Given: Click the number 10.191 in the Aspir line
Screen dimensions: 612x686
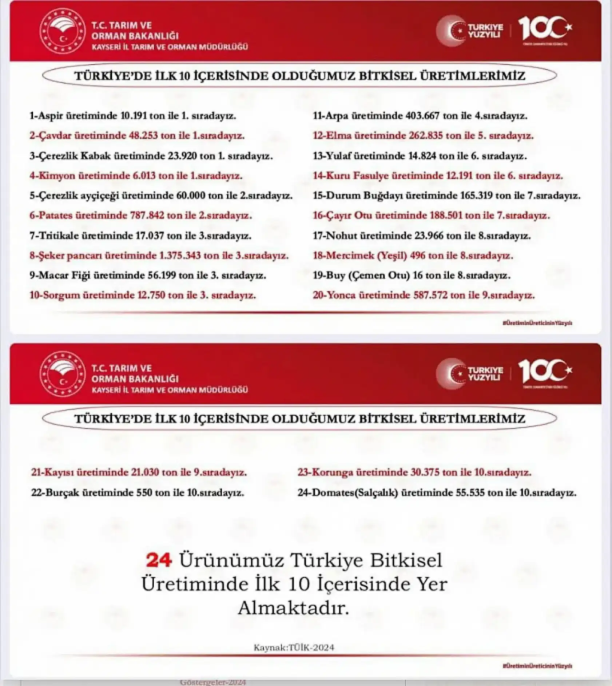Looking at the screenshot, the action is (134, 116).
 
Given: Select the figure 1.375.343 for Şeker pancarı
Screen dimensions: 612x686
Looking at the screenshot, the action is (180, 255).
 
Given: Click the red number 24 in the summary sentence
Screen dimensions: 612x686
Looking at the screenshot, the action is (159, 560).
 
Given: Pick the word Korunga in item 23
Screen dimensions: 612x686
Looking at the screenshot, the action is (331, 473).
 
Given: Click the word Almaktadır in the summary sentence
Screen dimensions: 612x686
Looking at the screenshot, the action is (294, 608).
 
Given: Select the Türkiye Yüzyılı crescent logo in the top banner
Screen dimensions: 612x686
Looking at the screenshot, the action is (451, 31).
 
